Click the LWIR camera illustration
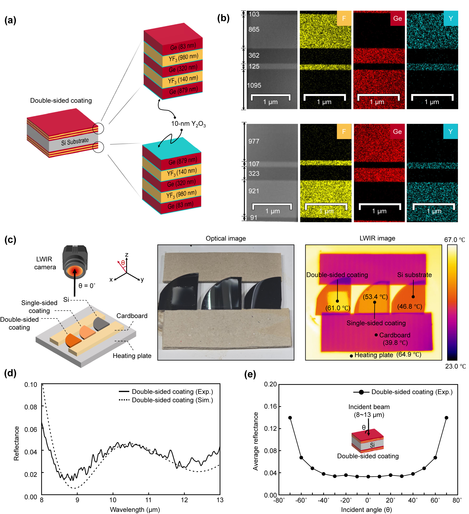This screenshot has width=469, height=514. pos(75,261)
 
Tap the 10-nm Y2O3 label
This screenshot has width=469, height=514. pos(188,124)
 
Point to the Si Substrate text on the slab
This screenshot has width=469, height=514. pos(75,141)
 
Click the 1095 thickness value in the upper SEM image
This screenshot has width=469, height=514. pos(254,86)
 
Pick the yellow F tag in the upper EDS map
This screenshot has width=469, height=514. pos(344,18)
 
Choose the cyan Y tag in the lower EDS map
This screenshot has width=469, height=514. pos(450,132)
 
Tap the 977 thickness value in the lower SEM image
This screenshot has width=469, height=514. pos(254,141)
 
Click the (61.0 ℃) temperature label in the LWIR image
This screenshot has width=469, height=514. pos(338,308)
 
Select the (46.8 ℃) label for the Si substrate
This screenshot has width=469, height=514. pos(410,307)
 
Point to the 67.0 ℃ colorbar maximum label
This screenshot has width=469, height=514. pos(454,240)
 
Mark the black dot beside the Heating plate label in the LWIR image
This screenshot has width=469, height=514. pos(351,356)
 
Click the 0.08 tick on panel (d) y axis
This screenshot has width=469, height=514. pos(31,407)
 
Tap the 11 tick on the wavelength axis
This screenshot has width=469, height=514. pos(149,500)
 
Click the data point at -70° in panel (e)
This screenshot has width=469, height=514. pos(290,418)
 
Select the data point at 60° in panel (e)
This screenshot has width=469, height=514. pos(435,458)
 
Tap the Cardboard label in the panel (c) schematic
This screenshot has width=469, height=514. pos(132,316)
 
